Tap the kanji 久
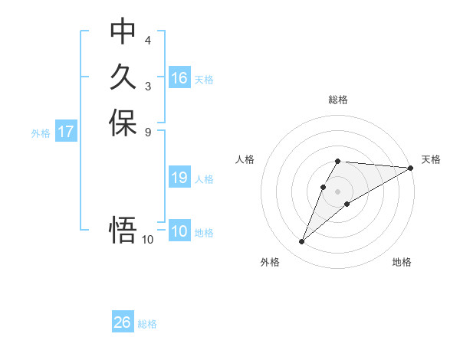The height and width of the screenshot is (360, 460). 123,77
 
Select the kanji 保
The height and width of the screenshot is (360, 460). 123,123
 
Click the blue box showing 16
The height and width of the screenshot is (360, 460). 179,78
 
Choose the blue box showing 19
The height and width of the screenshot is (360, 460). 179,178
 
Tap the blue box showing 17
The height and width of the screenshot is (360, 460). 66,132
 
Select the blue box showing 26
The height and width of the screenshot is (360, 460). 123,322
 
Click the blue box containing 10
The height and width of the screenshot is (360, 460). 179,231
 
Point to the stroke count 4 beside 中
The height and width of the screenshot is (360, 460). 148,40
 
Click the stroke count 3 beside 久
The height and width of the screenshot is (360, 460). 148,86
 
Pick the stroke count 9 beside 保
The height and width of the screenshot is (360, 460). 148,132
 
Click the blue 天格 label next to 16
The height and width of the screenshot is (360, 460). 204,79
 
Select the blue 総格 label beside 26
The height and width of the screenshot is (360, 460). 147,324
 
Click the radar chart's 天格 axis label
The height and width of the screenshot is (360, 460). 431,159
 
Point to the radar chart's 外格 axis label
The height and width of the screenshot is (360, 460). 270,262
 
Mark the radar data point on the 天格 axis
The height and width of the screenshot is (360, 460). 410,168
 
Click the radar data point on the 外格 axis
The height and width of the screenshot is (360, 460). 302,242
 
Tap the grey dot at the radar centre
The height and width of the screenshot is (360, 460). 338,191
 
